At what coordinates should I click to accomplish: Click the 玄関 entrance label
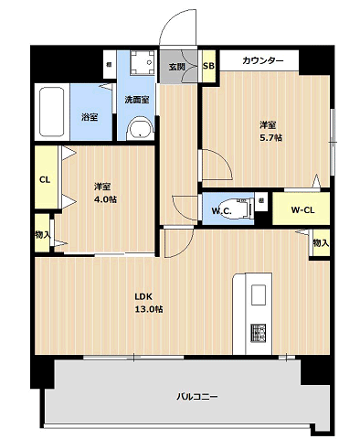pos(177,67)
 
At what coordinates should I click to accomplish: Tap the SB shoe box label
pos(208,66)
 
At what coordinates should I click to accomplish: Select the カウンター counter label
pos(262,60)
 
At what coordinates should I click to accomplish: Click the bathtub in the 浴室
pos(52,112)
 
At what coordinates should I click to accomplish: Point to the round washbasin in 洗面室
pos(140,129)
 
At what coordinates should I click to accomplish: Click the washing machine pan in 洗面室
pos(143,62)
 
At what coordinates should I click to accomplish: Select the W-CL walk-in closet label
pos(302,209)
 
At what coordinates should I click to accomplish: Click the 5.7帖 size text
pos(270,138)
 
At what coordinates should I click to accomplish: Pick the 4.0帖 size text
pos(105,199)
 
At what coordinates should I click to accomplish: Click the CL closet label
pos(45,180)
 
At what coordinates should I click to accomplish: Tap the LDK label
pos(143,296)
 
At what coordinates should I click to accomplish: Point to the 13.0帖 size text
pos(149,309)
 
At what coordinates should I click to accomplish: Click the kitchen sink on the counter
pos(259,294)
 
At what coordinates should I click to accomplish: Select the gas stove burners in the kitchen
pos(259,333)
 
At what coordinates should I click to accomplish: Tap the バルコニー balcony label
pos(197,397)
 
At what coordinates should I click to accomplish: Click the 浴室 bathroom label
pos(90,117)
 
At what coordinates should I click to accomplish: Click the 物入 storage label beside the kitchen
pos(321,243)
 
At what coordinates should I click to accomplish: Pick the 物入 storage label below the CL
pos(43,234)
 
